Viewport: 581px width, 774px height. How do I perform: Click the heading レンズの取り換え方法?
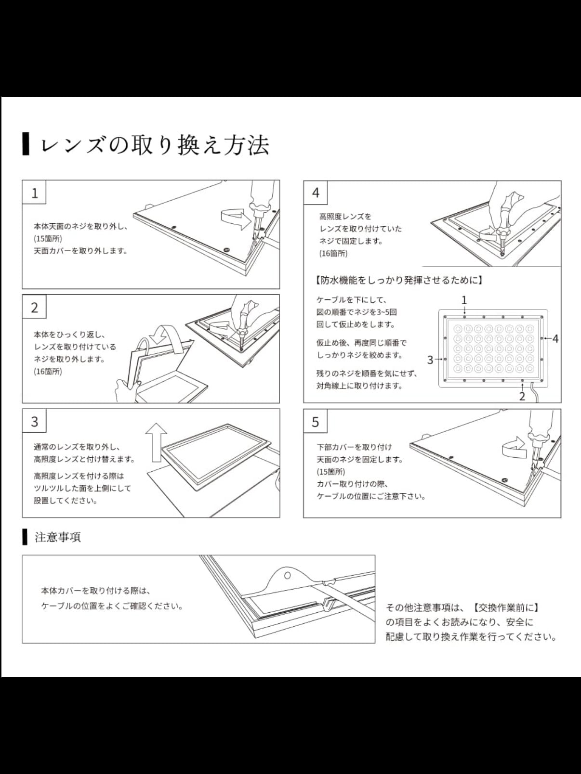(154, 145)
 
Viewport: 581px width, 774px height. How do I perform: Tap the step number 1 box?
(34, 193)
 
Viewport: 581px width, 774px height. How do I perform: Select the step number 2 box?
(34, 307)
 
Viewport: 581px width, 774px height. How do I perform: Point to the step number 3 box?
(34, 422)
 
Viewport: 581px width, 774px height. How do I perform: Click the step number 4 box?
(316, 193)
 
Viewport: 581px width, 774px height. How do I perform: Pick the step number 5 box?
(316, 422)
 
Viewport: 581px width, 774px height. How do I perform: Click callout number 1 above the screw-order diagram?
(464, 300)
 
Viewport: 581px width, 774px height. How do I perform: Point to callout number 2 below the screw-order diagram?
(522, 397)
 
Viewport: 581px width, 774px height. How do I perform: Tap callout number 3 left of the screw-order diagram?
(430, 360)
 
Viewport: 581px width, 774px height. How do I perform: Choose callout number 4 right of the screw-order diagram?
(555, 339)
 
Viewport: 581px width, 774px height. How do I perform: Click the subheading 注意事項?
(57, 537)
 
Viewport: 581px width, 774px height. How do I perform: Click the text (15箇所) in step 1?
(48, 239)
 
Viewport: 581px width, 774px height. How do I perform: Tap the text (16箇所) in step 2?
(48, 372)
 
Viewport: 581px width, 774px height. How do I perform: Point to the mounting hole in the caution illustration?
(287, 575)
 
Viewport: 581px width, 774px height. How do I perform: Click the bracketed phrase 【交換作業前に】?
(505, 608)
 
